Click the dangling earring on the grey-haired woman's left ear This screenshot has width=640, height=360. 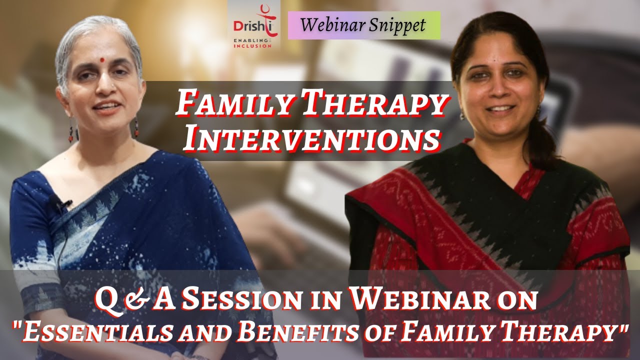click(x=136, y=127)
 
